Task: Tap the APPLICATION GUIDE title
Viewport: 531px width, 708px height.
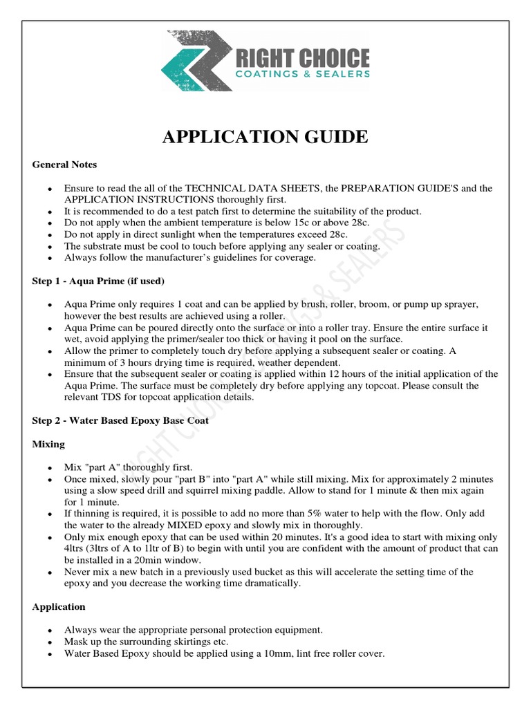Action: coord(265,137)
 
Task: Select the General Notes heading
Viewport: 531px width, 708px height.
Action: coord(64,165)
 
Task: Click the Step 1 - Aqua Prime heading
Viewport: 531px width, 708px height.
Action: coord(99,281)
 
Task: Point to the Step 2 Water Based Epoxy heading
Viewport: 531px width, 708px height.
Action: coord(120,420)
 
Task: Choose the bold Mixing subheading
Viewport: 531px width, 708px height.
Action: coord(48,444)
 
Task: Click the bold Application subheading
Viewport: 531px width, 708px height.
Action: coord(59,606)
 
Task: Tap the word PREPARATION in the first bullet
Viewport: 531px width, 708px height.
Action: coord(365,188)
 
